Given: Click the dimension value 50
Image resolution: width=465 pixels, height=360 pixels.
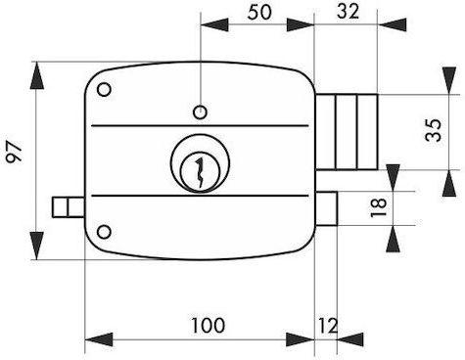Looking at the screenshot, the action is point(259,13).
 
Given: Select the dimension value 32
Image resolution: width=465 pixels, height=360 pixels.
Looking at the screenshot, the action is point(348,12).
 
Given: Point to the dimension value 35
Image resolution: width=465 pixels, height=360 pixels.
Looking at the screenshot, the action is point(434,130).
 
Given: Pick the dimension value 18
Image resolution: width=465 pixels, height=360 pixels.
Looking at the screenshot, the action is point(379,207).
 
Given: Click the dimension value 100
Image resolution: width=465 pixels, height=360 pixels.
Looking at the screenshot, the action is point(208,325).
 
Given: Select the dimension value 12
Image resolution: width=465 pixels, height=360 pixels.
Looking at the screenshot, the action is point(328,326).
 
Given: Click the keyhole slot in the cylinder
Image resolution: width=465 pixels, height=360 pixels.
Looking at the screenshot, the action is point(200,173).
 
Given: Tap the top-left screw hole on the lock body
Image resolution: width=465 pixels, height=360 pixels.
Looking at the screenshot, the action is point(105,89).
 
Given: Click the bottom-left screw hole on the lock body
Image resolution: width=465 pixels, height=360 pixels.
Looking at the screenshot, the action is point(104,232).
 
